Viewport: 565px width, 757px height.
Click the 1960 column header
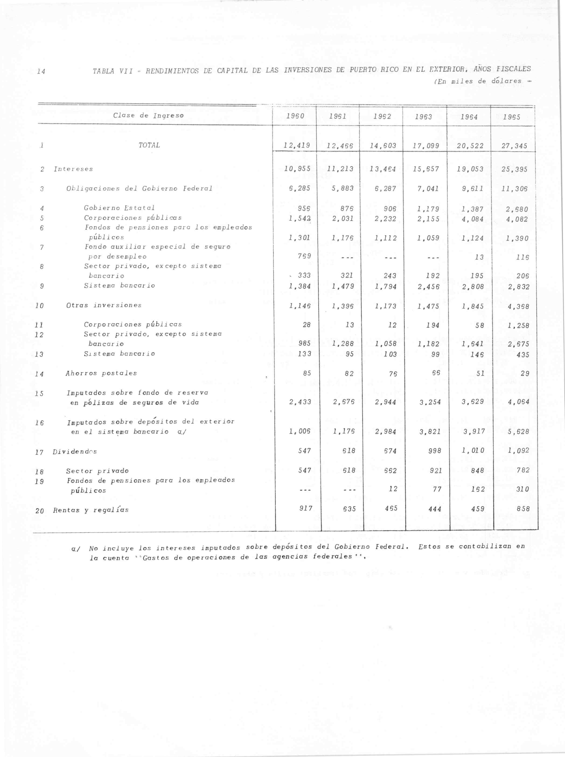tap(295, 117)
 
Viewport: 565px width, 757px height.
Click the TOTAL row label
tap(149, 145)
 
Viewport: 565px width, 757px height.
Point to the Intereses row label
tap(73, 169)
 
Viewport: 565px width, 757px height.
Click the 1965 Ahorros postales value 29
tap(525, 374)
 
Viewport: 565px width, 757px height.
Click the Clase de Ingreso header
tap(148, 115)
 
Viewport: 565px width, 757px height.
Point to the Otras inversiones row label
tap(104, 305)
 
